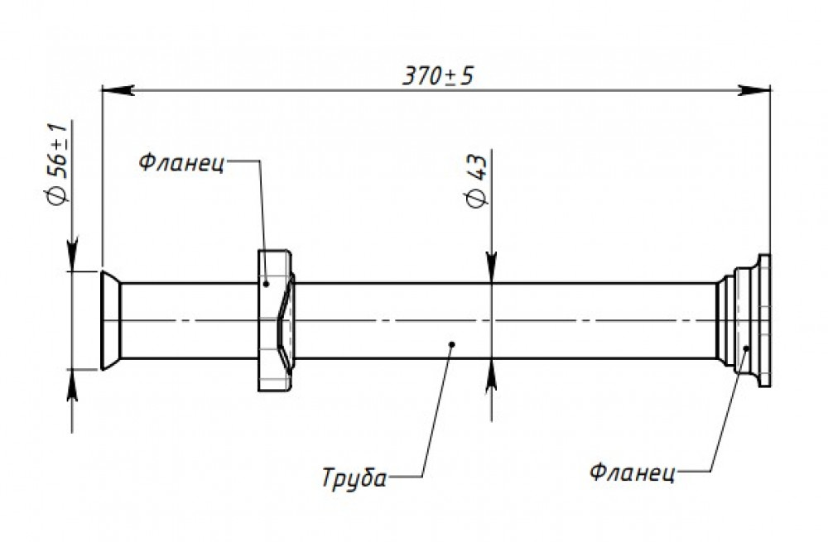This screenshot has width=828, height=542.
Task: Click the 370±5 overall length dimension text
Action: click(x=438, y=76)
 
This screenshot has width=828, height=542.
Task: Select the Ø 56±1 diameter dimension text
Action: click(x=58, y=164)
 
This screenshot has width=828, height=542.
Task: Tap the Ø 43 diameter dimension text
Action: click(x=477, y=181)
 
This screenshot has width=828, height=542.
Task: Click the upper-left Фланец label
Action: click(x=181, y=162)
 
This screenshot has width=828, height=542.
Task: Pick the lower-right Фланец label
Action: click(x=632, y=472)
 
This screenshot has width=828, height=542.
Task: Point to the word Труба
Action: click(x=354, y=478)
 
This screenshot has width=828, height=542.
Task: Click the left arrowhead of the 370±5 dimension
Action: click(x=118, y=90)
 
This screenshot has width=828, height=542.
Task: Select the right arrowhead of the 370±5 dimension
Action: click(x=754, y=90)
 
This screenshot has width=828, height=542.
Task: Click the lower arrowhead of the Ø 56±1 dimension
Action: click(x=73, y=386)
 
